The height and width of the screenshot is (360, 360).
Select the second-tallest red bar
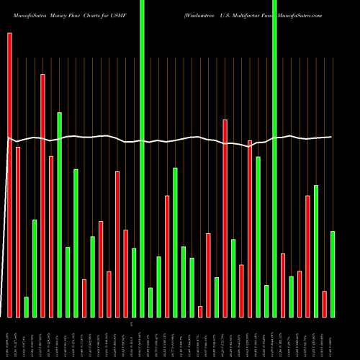[x=42, y=195]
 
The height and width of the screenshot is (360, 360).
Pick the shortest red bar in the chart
[x=200, y=311]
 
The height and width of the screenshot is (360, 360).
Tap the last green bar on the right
[x=333, y=274]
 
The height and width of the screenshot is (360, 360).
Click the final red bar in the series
[x=324, y=304]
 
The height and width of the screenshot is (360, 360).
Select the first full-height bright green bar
[x=142, y=158]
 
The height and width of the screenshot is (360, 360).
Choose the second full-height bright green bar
[x=274, y=158]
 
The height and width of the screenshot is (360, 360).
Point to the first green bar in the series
[x=26, y=307]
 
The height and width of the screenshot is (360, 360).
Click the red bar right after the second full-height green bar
[x=283, y=285]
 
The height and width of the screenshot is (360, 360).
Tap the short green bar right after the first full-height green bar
[x=150, y=302]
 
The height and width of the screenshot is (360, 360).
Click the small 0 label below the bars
[x=131, y=325]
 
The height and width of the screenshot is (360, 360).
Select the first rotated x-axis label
[x=9, y=338]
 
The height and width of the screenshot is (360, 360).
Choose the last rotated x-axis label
[x=333, y=338]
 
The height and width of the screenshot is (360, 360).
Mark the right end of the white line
[x=331, y=137]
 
